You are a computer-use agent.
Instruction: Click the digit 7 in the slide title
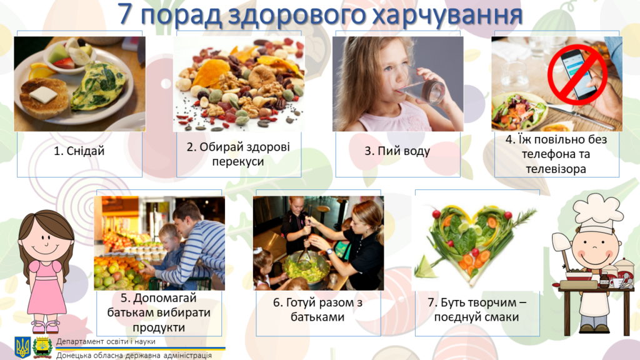tap(125, 14)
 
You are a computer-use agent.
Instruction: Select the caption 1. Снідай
tap(79, 151)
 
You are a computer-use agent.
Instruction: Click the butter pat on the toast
tap(43, 94)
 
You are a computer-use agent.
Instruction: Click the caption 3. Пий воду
tap(397, 151)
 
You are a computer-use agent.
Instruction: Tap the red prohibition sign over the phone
tap(577, 75)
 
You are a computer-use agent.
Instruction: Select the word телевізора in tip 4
tap(556, 169)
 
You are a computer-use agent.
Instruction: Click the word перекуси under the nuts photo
tap(238, 162)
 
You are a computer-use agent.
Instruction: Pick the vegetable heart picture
tap(476, 244)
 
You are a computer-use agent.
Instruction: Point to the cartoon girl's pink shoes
tap(46, 326)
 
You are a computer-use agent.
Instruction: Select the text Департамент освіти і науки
tap(106, 341)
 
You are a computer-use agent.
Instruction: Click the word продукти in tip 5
tap(158, 327)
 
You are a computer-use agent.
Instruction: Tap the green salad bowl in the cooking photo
tap(306, 267)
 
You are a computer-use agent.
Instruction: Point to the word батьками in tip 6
tap(317, 317)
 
